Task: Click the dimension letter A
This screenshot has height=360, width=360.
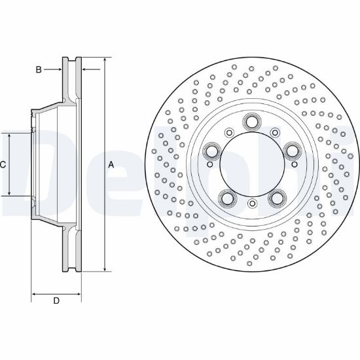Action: [x=111, y=164]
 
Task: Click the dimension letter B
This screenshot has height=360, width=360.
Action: [x=39, y=69]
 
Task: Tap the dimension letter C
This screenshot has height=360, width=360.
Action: [x=3, y=164]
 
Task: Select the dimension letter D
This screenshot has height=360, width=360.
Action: [x=56, y=300]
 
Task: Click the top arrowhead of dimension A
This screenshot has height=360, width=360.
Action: [x=105, y=60]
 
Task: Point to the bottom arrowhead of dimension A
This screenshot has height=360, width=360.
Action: [x=105, y=268]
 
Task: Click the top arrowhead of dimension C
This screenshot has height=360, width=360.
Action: [x=9, y=136]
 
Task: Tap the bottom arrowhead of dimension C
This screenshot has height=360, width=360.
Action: [x=9, y=193]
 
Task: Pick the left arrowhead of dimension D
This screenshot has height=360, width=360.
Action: [x=34, y=294]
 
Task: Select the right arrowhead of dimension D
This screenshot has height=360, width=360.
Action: [x=79, y=294]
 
